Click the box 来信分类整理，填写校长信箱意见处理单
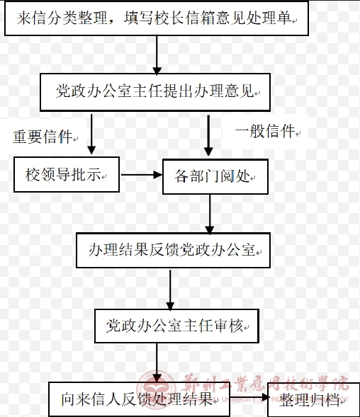157,18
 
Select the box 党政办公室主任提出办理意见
155,92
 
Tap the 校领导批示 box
67,174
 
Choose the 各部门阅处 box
215,176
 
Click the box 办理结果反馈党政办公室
173,250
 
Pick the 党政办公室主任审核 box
176,326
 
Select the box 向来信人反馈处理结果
139,399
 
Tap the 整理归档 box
313,400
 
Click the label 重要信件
43,137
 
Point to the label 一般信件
265,131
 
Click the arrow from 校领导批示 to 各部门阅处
142,175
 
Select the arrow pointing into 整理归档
249,398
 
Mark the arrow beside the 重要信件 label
91,135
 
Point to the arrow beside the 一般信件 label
208,136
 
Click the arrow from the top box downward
157,55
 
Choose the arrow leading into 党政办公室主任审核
170,290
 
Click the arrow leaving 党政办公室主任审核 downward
157,362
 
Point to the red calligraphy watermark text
265,384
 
